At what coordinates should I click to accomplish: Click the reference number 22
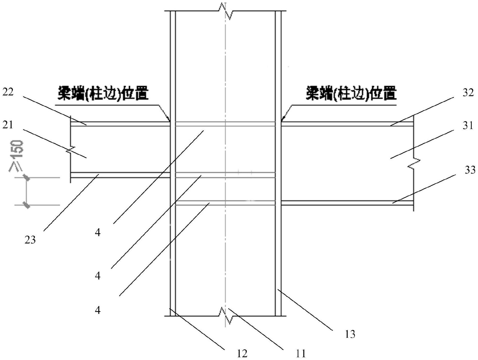8,92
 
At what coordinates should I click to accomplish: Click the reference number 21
8,125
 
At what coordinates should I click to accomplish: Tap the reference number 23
30,240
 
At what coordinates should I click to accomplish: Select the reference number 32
468,93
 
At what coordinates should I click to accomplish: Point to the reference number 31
468,126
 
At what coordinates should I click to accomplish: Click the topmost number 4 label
98,233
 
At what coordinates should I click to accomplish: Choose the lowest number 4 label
98,310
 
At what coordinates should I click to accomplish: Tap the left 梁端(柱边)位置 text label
103,94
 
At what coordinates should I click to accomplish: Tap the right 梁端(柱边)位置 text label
351,94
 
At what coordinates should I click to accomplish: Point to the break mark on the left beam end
71,150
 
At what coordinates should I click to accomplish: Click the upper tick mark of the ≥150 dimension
26,178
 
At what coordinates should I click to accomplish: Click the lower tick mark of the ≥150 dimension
26,205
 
